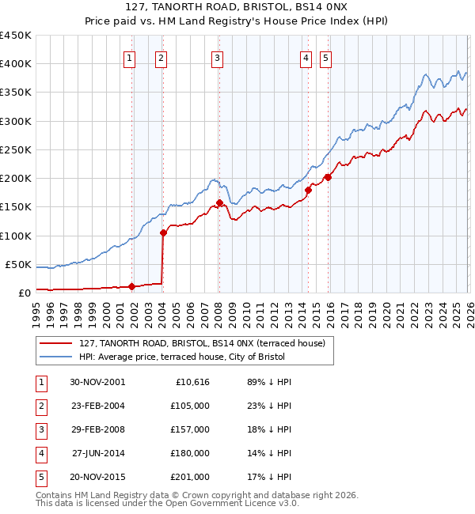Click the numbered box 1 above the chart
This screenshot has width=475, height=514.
pyautogui.click(x=129, y=57)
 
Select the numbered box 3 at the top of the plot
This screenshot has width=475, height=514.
pyautogui.click(x=217, y=57)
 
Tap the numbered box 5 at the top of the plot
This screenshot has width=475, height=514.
pyautogui.click(x=326, y=57)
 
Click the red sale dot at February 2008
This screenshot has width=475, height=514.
pyautogui.click(x=219, y=202)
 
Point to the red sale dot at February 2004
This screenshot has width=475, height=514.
pyautogui.click(x=163, y=232)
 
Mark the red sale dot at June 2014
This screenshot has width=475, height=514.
pyautogui.click(x=308, y=190)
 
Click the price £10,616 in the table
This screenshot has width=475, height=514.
pyautogui.click(x=191, y=382)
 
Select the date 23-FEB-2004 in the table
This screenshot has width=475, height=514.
pyautogui.click(x=97, y=406)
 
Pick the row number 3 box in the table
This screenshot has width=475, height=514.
pyautogui.click(x=40, y=429)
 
